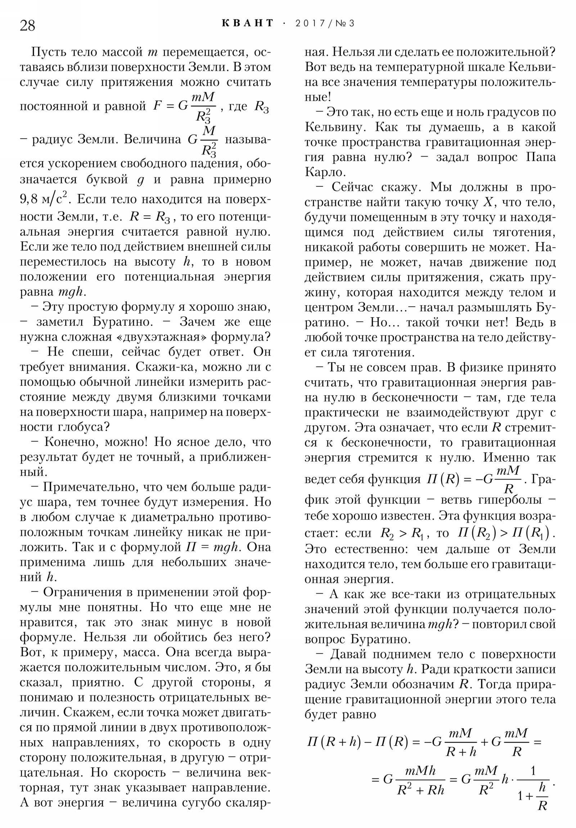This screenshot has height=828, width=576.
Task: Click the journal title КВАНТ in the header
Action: click(248, 23)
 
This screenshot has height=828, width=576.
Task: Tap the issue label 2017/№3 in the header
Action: click(325, 23)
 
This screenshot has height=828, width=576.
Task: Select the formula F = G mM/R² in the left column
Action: click(184, 107)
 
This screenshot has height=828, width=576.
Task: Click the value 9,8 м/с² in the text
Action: click(43, 199)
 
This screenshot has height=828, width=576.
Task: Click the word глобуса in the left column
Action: click(83, 427)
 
